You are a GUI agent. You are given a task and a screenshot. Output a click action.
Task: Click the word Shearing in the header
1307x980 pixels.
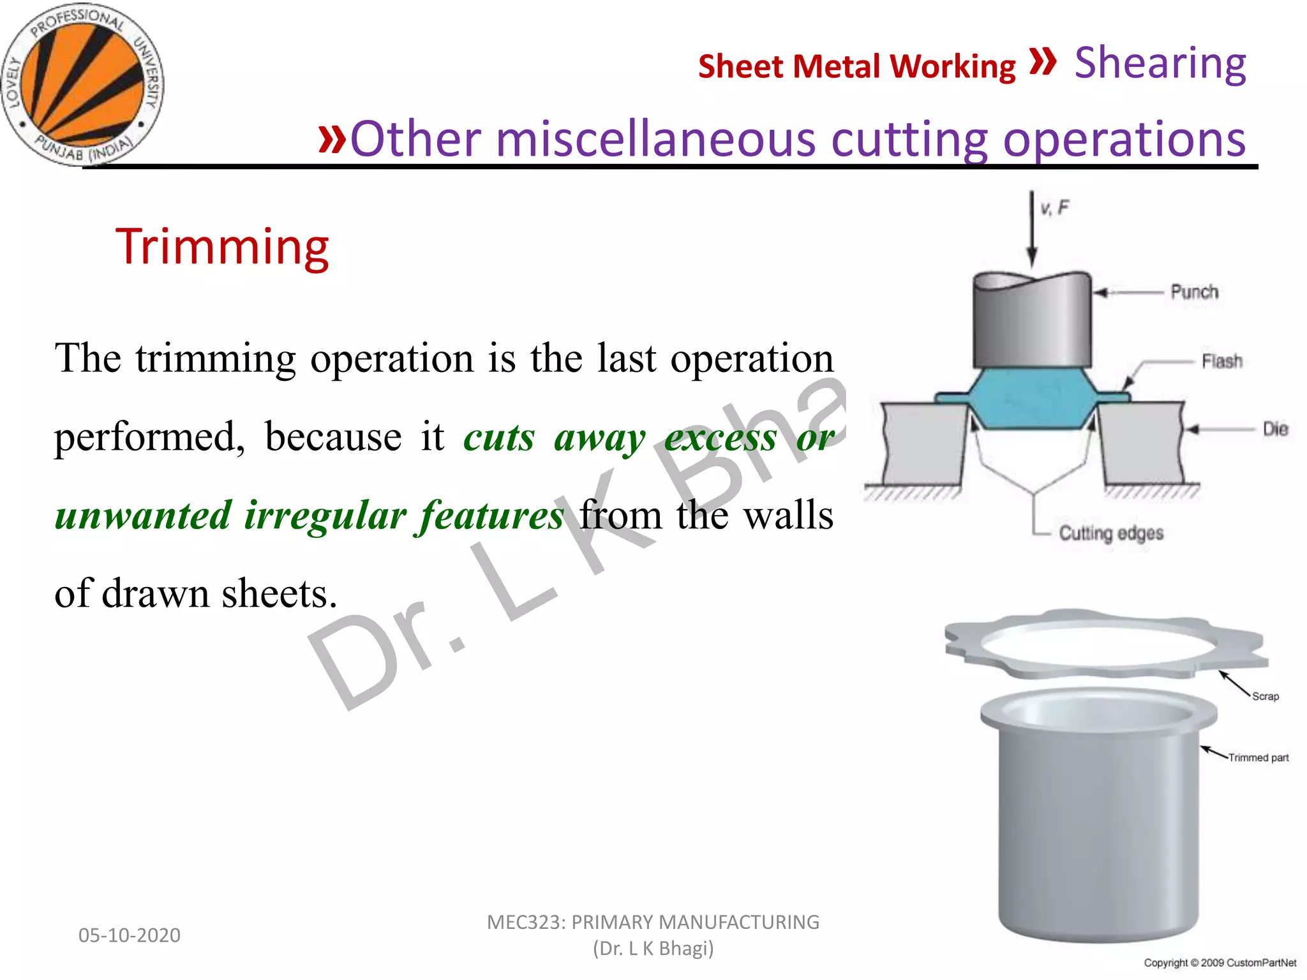coord(1160,64)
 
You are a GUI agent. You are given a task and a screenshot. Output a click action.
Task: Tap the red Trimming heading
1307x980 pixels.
coord(222,247)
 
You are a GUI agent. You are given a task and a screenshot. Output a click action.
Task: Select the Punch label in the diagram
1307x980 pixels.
coord(1194,292)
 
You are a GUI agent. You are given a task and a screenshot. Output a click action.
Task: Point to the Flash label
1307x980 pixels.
coord(1221,362)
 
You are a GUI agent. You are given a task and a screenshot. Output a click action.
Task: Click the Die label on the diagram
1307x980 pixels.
coord(1275,429)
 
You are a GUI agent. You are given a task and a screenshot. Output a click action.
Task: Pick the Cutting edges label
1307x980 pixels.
coord(1110,533)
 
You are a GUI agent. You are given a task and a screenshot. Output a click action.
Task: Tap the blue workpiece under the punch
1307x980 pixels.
coord(1032,399)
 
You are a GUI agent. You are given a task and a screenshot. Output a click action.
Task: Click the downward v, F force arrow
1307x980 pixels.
coord(1031,230)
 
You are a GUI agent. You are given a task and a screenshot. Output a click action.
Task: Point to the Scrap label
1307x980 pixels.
coord(1265,697)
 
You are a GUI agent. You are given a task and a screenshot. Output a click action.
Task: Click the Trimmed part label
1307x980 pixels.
coord(1258,758)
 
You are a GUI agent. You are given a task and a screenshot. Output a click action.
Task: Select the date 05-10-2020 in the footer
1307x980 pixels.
coord(129,935)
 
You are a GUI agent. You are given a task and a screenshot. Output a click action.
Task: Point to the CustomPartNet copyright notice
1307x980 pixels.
coord(1220,963)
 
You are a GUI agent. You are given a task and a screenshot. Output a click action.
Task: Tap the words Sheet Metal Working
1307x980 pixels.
coord(856,67)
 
